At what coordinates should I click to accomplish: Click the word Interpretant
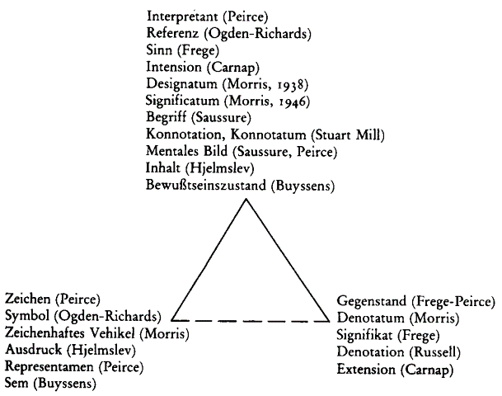(182, 16)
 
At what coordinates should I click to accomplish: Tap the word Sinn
(159, 49)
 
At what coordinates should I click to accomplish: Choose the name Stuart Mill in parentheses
(348, 134)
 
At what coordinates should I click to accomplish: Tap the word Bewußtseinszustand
(206, 185)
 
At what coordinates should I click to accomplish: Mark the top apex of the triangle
(246, 199)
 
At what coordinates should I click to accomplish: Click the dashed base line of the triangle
(251, 320)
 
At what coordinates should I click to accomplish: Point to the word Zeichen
(28, 299)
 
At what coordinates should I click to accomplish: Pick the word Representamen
(49, 366)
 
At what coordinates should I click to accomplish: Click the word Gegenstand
(372, 301)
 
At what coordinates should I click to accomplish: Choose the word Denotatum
(370, 318)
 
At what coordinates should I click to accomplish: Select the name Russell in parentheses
(434, 352)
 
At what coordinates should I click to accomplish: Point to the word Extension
(366, 369)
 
